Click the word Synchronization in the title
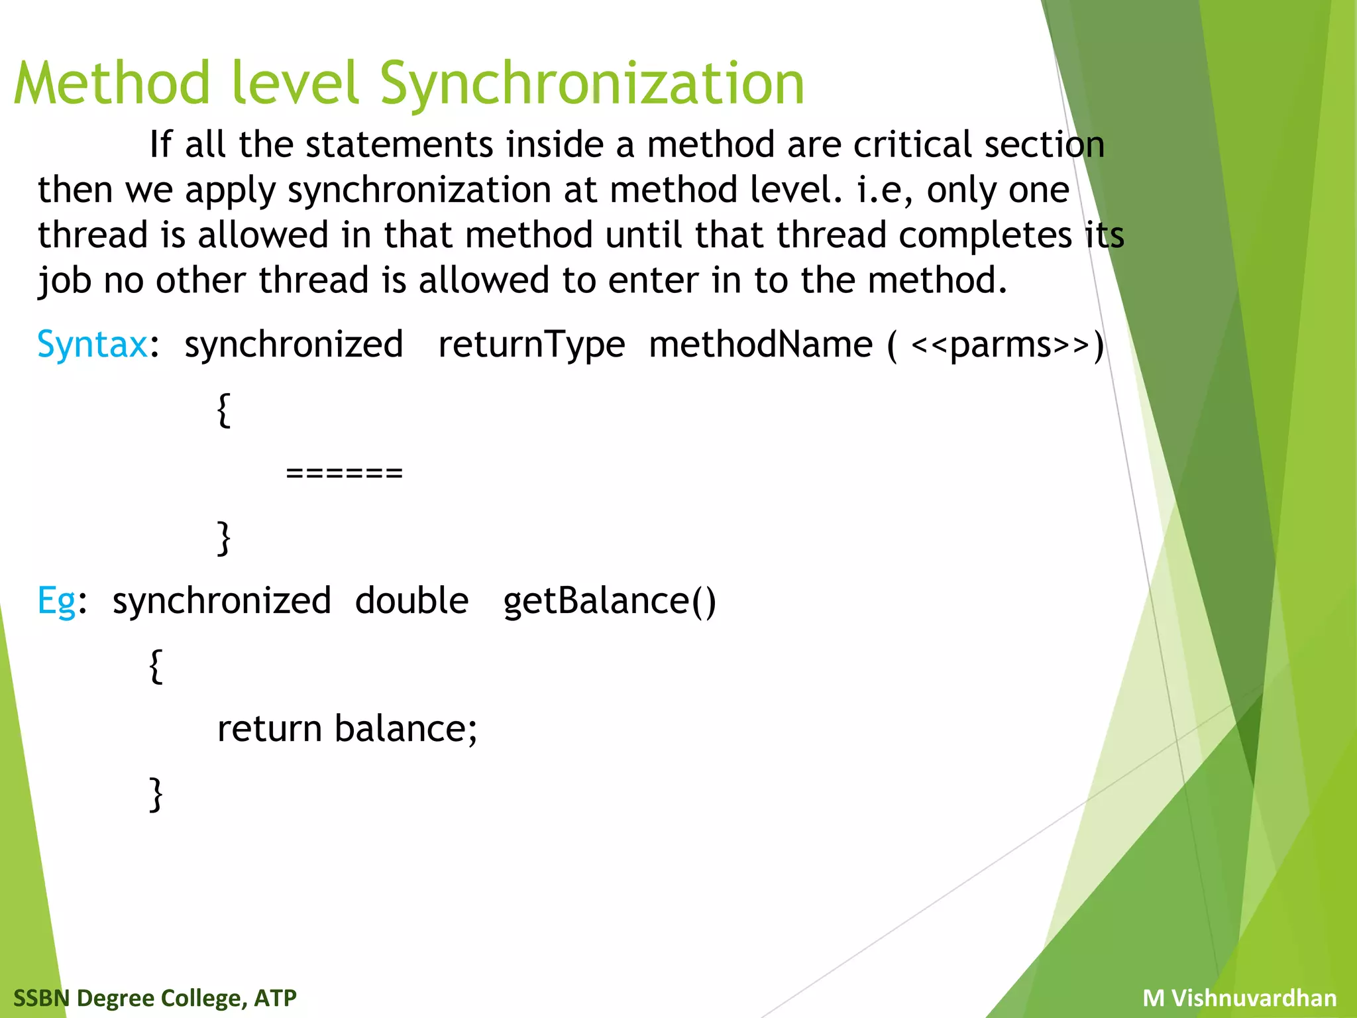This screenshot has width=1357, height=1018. point(592,84)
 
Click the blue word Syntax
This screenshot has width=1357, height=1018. point(92,345)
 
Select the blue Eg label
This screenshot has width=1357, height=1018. point(56,601)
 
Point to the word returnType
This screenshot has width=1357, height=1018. point(531,345)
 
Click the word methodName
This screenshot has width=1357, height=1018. point(761,345)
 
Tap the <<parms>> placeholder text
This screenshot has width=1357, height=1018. point(1000,345)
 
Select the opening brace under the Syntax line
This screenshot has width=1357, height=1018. point(224,410)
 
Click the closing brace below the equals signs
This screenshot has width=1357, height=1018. point(224,537)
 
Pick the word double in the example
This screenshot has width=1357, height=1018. point(411,601)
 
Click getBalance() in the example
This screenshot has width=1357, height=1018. point(610,601)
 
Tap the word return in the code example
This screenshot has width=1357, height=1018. point(270,729)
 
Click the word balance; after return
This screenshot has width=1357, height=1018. point(406,729)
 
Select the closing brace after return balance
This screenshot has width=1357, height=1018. point(156,793)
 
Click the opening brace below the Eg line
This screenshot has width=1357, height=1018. point(156,665)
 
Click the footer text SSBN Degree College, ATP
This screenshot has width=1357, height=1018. point(155,997)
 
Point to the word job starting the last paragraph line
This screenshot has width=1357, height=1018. point(64,280)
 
